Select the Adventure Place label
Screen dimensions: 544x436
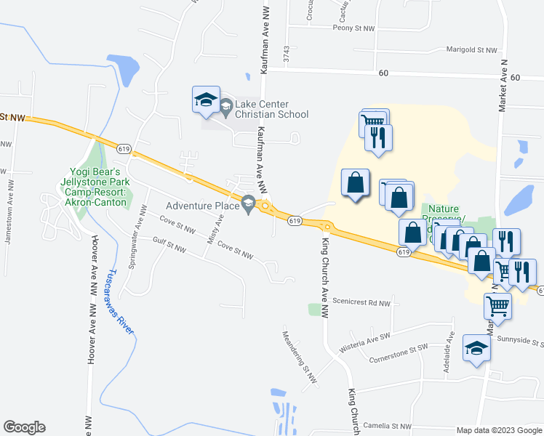pyautogui.click(x=202, y=206)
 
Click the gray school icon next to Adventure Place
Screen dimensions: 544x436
pyautogui.click(x=249, y=206)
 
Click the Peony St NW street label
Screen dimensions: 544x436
pyautogui.click(x=353, y=28)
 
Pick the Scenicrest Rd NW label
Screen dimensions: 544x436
pyautogui.click(x=361, y=302)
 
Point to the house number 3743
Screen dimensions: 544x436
pyautogui.click(x=287, y=54)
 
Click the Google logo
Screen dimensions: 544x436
pyautogui.click(x=24, y=427)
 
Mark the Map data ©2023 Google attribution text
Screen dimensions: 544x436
pyautogui.click(x=498, y=430)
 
